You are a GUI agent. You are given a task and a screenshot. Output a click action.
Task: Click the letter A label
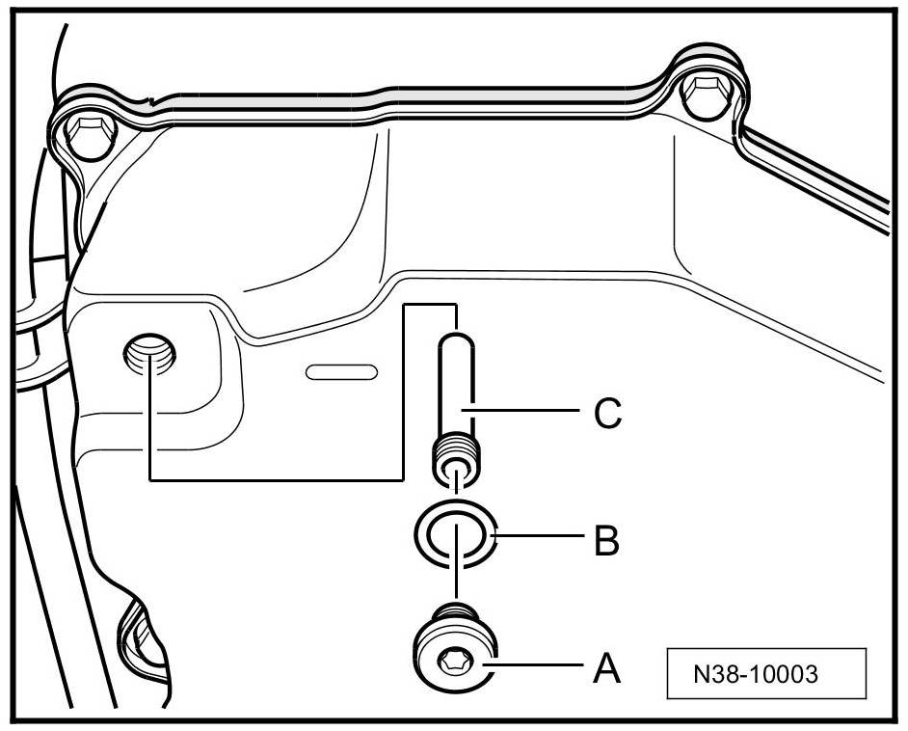click(x=605, y=666)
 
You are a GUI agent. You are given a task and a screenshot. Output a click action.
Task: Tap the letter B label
click(x=605, y=541)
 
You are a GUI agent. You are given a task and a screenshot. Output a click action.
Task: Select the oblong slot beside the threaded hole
click(x=340, y=370)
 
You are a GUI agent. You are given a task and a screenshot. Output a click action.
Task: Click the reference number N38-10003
click(x=767, y=673)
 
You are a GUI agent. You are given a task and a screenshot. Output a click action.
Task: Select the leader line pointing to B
click(x=540, y=539)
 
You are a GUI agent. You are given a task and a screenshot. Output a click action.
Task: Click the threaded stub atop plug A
click(x=452, y=612)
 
